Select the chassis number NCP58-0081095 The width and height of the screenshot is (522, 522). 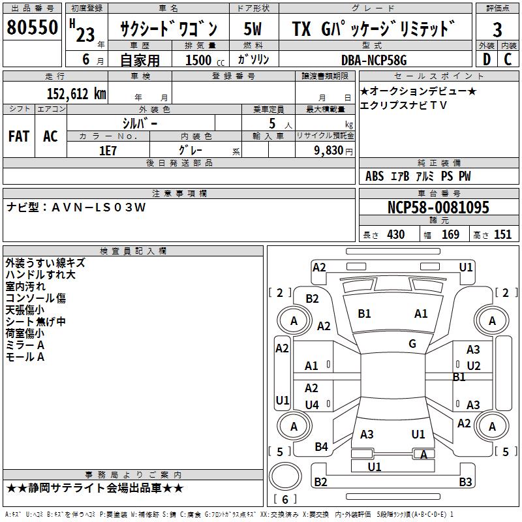pos(438,207)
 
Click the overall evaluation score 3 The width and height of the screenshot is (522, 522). pos(497,29)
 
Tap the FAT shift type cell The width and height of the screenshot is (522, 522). pos(19,136)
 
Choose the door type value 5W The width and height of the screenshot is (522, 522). pos(253,29)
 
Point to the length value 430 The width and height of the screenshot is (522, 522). pos(395,235)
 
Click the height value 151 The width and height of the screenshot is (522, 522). pos(502,235)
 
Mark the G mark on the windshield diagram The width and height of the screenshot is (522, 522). pos(412,343)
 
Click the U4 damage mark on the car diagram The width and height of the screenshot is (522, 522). pos(312,405)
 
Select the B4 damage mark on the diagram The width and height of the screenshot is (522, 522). pos(321,447)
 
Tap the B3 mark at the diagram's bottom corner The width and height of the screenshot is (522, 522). pos(465,482)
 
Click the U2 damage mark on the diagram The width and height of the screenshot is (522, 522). pos(474,366)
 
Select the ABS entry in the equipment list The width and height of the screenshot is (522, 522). pos(375,176)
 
